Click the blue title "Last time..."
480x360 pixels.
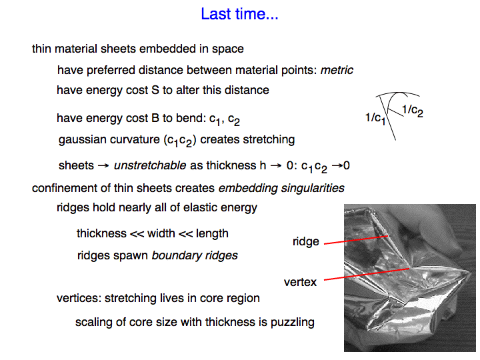pos(239,14)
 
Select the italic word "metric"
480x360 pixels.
pos(337,70)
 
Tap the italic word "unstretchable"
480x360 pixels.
pos(150,165)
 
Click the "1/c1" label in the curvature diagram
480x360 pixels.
pos(375,118)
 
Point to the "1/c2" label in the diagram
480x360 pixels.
pos(413,110)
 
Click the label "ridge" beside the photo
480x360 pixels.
pos(306,241)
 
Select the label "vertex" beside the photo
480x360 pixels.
pos(300,282)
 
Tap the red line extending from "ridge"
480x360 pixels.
pos(356,240)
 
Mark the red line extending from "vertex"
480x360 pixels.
pos(367,274)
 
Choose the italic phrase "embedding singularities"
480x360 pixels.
pos(281,188)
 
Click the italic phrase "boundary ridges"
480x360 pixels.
pos(195,255)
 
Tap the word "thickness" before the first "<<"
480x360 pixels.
pos(101,233)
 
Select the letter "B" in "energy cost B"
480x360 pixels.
pos(155,118)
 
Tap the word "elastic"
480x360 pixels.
pos(198,207)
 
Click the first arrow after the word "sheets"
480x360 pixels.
pos(103,165)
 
